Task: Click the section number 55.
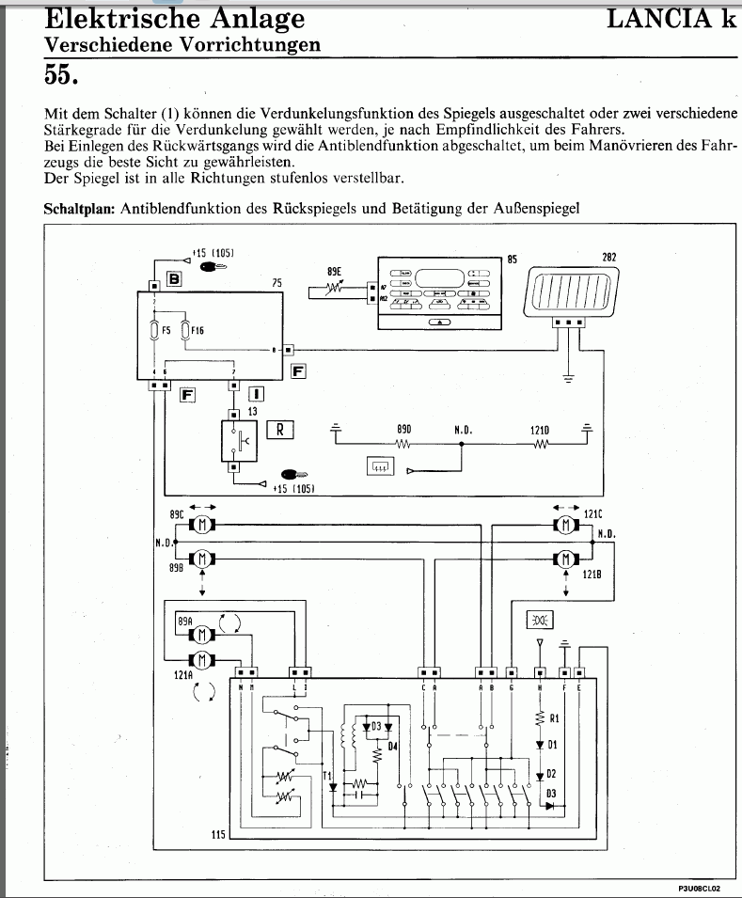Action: (x=64, y=72)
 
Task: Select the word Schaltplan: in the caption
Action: (x=80, y=209)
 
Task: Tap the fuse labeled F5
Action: (x=153, y=330)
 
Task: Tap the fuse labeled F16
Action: (x=185, y=330)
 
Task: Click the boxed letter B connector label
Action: (x=174, y=278)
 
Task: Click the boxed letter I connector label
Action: (x=256, y=395)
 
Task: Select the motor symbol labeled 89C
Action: (x=201, y=524)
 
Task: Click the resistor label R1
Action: (x=555, y=718)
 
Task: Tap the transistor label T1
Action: (x=326, y=775)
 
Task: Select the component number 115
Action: (x=218, y=834)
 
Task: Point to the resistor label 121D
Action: (x=540, y=430)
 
